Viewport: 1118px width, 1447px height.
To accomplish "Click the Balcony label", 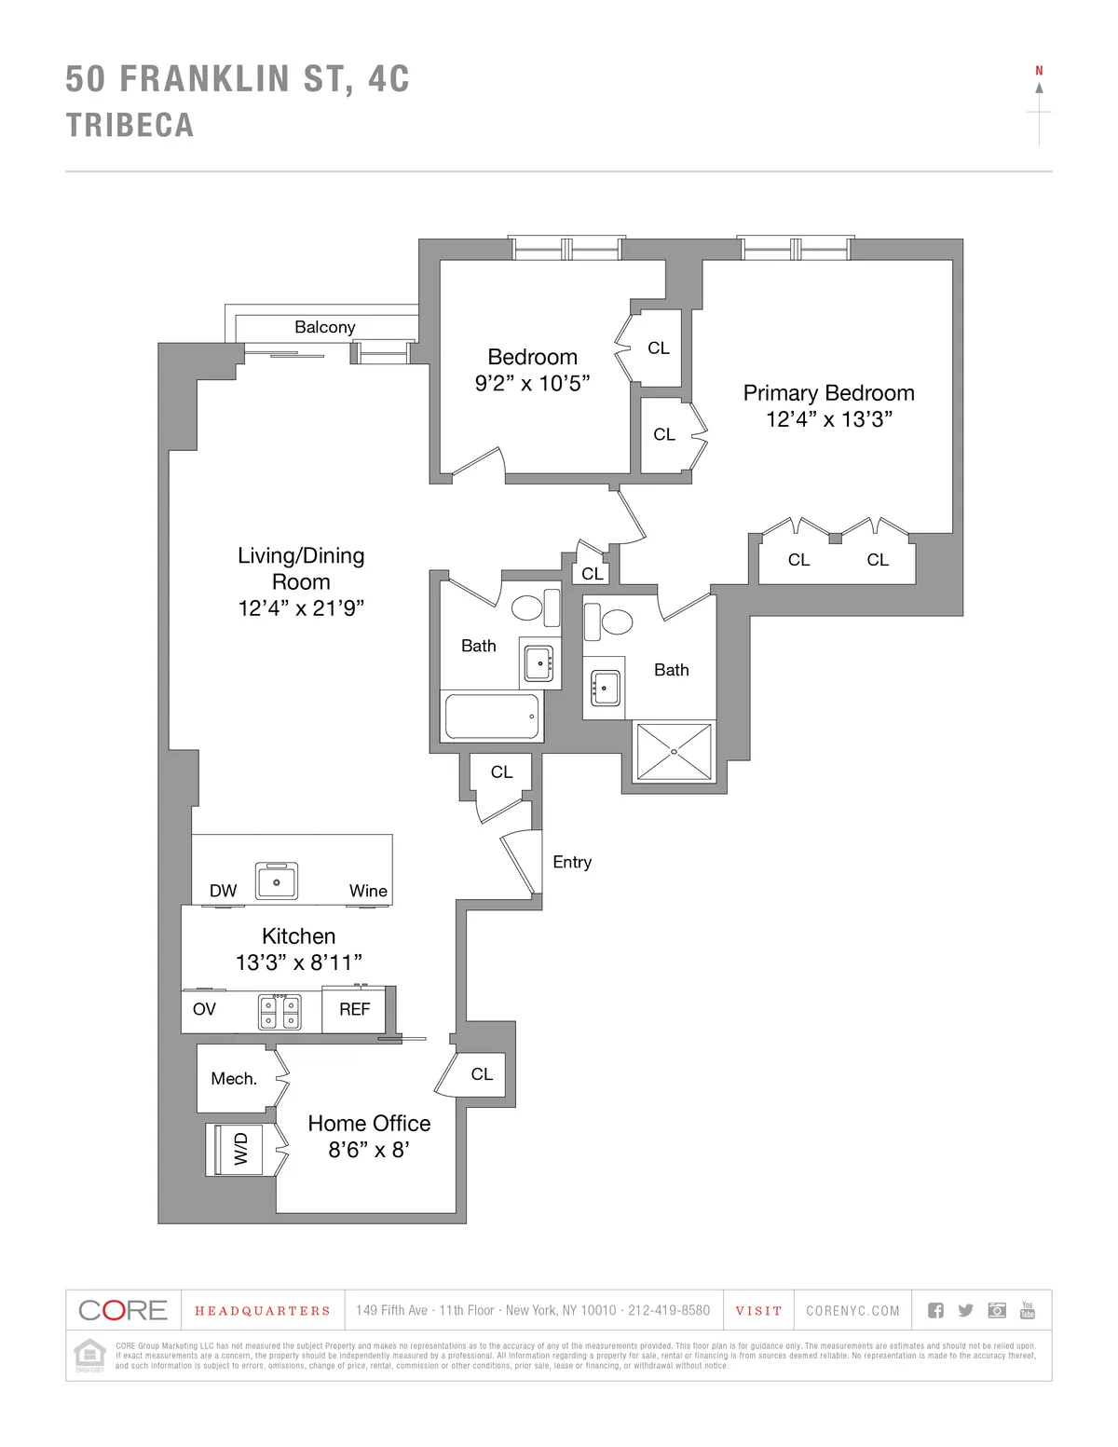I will tap(324, 327).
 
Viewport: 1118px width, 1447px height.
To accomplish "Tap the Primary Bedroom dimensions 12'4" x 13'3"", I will tap(828, 420).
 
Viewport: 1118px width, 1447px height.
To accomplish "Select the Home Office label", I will tap(369, 1124).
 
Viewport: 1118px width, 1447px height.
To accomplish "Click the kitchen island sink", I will tap(277, 881).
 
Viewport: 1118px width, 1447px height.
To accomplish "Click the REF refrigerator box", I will tap(354, 1010).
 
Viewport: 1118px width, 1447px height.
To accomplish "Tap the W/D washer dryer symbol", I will tap(240, 1149).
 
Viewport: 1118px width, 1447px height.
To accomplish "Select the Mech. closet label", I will tap(234, 1079).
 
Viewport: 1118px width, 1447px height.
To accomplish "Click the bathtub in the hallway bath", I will tap(491, 717).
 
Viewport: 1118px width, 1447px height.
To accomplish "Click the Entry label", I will tap(571, 863).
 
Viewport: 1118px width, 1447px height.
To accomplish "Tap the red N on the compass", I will tap(1039, 71).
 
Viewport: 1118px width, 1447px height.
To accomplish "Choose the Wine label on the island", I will tap(368, 892).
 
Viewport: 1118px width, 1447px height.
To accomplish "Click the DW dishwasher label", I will tap(223, 892).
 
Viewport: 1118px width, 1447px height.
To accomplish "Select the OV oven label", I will tap(204, 1010).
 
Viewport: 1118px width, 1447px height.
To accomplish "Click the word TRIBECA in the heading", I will tap(130, 126).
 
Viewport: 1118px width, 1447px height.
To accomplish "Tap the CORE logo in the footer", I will tap(123, 1311).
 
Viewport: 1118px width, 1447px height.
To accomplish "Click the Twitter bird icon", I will tap(966, 1311).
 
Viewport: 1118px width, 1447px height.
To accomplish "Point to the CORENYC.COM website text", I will tap(852, 1311).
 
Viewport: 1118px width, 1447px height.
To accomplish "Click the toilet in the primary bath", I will tap(614, 621).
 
